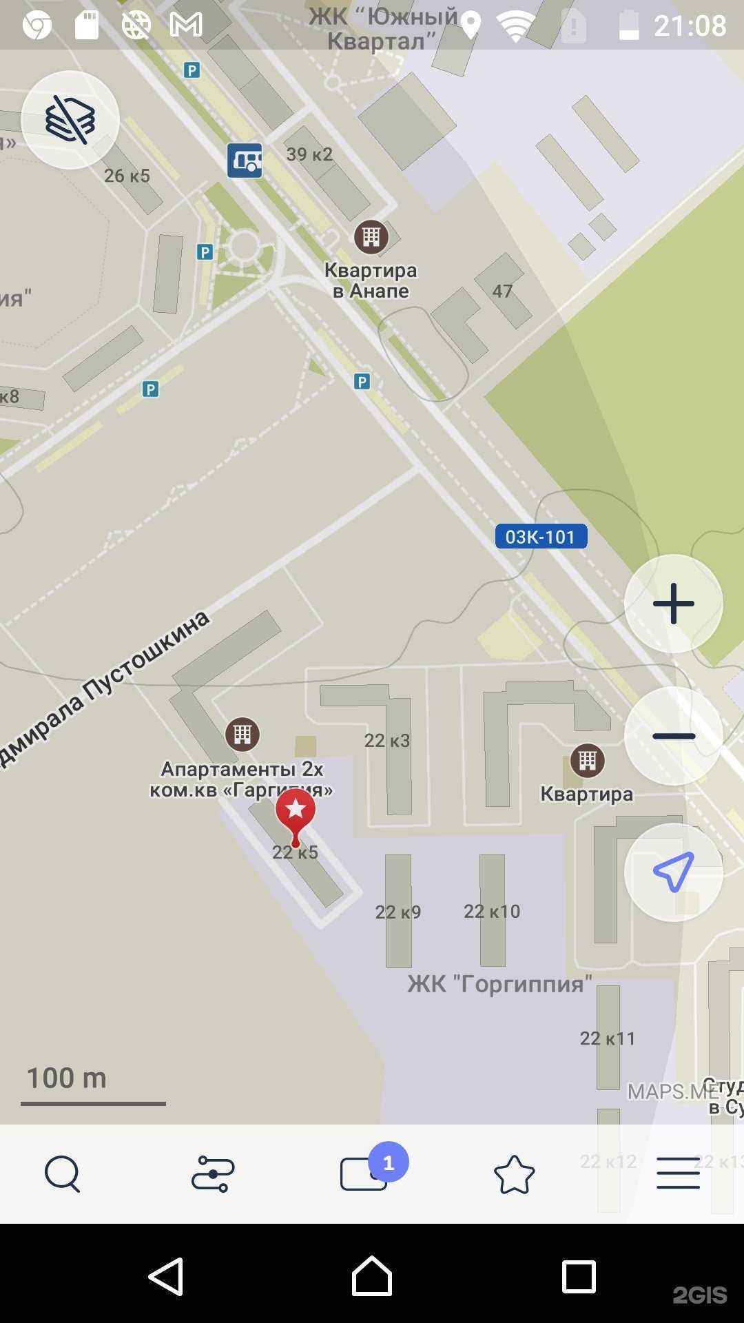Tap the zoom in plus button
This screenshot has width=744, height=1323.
point(673,604)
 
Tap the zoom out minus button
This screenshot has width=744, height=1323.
point(673,736)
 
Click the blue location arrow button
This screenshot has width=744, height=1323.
point(673,872)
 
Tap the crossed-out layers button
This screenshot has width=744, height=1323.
point(70,120)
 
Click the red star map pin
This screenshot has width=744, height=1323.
point(296,813)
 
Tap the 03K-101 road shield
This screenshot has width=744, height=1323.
point(541,537)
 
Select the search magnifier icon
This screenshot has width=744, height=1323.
point(63,1173)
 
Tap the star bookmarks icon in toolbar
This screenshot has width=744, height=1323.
point(514,1174)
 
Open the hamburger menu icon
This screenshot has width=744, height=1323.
point(678,1173)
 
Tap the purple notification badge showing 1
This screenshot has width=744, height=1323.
point(389,1162)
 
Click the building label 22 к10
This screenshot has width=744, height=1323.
point(492,912)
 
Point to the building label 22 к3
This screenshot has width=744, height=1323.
point(387,741)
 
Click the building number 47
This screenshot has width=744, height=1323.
point(502,291)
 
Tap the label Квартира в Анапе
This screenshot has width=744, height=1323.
point(371,280)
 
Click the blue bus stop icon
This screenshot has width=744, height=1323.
point(245,161)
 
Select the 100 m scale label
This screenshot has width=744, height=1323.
point(67,1078)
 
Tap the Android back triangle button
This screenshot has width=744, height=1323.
point(166,1277)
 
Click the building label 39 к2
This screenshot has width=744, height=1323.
point(309,154)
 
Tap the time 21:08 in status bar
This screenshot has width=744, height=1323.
point(690,25)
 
